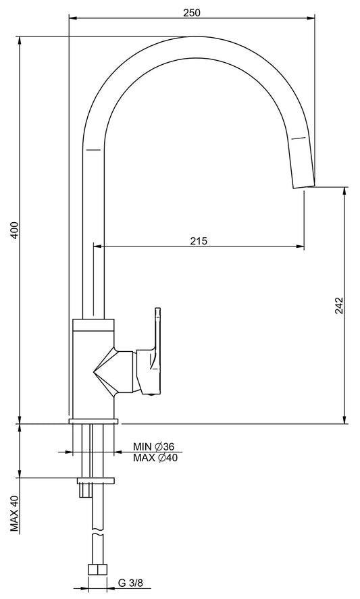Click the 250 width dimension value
(191, 11)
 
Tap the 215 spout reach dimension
(199, 240)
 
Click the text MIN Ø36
(153, 446)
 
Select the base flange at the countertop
(94, 421)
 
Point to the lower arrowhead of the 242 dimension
(344, 419)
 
